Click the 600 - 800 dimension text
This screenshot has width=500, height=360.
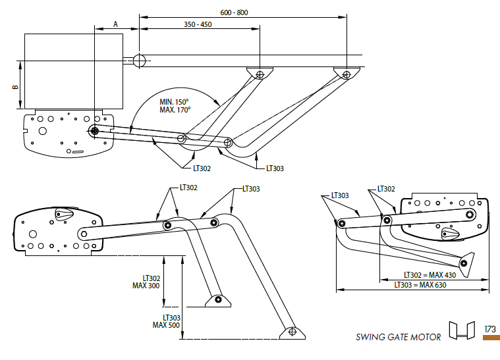point(235,13)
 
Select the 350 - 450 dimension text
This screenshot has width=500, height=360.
point(198,25)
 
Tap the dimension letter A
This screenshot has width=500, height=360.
point(116,24)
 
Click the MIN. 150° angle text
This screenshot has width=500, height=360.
point(175,102)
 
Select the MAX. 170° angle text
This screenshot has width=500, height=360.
point(175,111)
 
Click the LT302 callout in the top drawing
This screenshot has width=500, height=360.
point(202,168)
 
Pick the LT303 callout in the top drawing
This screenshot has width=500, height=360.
point(275,168)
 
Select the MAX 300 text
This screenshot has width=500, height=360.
point(146,286)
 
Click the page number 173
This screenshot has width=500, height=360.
point(490,329)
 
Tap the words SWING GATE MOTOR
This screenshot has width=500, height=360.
point(399,338)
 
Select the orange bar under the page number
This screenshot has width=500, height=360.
point(491,338)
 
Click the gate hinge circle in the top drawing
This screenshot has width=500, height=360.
point(140,61)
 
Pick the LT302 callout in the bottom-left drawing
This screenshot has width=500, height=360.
point(188,188)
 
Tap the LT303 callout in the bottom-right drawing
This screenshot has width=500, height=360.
point(339,195)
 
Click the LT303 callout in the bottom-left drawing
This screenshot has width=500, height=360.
point(251,189)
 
